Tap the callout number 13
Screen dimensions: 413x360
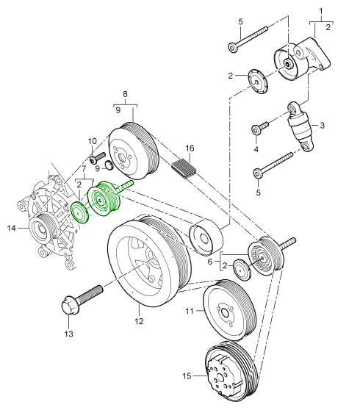[x=69, y=334]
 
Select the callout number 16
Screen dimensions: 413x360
[x=190, y=148]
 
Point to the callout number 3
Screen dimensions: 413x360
[x=323, y=126]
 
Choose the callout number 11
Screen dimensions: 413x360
[x=190, y=311]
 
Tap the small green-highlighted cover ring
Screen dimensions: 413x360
[x=79, y=213]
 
